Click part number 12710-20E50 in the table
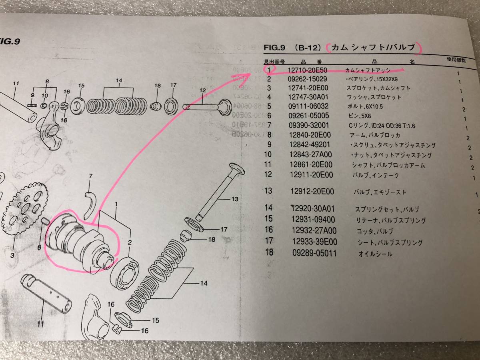[x=308, y=70]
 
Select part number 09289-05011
[x=314, y=253]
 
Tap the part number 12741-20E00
[x=308, y=88]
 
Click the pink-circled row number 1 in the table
[x=269, y=70]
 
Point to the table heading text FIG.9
[x=274, y=48]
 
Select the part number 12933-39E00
[x=315, y=242]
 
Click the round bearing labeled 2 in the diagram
[x=125, y=274]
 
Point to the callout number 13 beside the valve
[x=235, y=199]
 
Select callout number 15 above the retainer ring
[x=81, y=86]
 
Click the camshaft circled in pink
[x=80, y=242]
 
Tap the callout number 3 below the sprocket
[x=12, y=255]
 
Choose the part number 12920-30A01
[x=313, y=208]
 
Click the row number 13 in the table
[x=268, y=191]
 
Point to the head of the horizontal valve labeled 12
[x=225, y=107]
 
